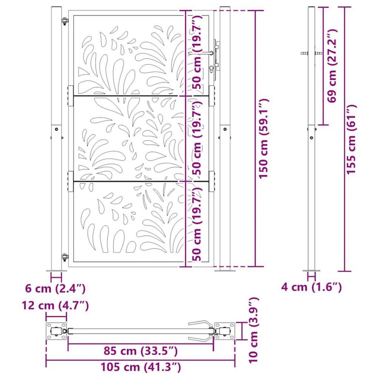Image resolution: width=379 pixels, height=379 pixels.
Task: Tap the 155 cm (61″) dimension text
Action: tap(351, 139)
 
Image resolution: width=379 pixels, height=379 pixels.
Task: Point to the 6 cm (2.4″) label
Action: tap(55, 288)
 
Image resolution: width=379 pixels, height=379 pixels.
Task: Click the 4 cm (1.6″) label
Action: tap(311, 287)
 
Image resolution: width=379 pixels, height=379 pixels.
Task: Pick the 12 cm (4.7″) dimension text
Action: tap(55, 305)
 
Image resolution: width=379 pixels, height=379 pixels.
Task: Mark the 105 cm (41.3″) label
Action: tap(141, 367)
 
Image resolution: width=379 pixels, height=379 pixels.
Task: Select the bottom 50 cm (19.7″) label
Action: tap(197, 224)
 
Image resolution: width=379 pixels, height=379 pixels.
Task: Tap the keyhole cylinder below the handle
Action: tap(211, 69)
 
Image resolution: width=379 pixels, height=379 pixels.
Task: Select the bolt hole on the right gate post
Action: tap(225, 129)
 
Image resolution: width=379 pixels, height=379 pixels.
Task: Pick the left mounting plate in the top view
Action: tap(57, 331)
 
